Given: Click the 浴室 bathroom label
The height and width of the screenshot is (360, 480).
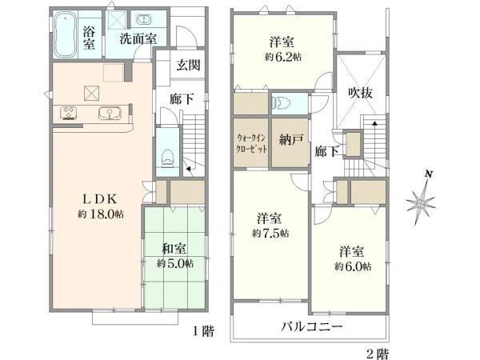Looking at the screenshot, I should tap(90, 38).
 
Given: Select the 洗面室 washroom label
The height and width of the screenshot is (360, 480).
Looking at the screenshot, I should tap(138, 38).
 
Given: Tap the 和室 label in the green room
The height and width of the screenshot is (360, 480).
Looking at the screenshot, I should tap(174, 249).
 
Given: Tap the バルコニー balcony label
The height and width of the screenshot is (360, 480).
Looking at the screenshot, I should tap(311, 327).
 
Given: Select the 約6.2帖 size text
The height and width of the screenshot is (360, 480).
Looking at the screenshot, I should tap(282, 57).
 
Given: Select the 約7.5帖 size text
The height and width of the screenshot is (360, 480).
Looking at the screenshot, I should tap(270, 232).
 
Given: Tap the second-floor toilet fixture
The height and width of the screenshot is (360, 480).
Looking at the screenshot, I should tap(278, 102).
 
